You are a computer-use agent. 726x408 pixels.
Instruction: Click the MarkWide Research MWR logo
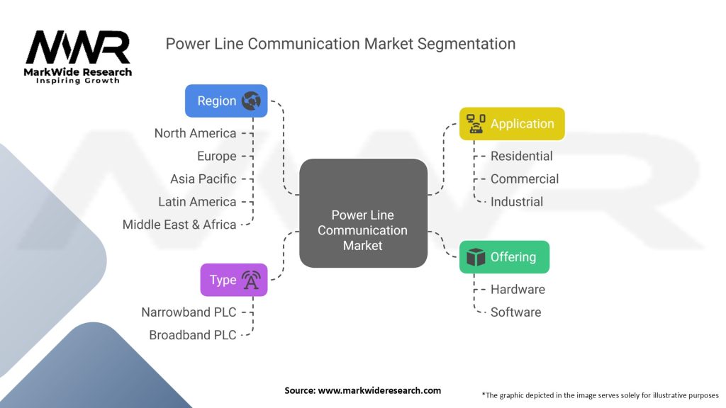click(78, 57)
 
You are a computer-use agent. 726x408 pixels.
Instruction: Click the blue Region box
click(226, 101)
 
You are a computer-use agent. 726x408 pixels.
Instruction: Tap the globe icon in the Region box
click(251, 101)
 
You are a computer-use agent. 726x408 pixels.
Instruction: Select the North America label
click(196, 133)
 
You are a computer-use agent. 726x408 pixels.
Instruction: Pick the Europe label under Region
click(217, 157)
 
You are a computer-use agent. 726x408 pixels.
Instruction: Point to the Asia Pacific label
click(203, 179)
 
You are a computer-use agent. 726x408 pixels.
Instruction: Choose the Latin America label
click(197, 202)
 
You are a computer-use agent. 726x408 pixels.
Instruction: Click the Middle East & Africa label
click(179, 225)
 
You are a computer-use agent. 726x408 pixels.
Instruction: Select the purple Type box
click(234, 280)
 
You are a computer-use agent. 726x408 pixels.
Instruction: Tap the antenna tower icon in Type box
click(251, 280)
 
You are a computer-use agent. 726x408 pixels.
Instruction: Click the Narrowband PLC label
click(189, 312)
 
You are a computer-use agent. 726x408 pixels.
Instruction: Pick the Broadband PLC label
click(193, 335)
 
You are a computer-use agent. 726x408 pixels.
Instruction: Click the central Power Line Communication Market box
click(364, 213)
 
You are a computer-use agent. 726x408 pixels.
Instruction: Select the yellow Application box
click(512, 124)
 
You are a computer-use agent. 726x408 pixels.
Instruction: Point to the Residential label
click(521, 157)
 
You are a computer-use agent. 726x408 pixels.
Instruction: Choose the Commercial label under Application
click(525, 179)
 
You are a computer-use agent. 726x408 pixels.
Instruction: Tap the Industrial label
click(517, 202)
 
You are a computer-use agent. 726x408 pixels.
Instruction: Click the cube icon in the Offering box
click(476, 257)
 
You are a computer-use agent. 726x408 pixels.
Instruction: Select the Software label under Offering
click(516, 312)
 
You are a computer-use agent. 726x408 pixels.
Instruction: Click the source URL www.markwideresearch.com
click(379, 390)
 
